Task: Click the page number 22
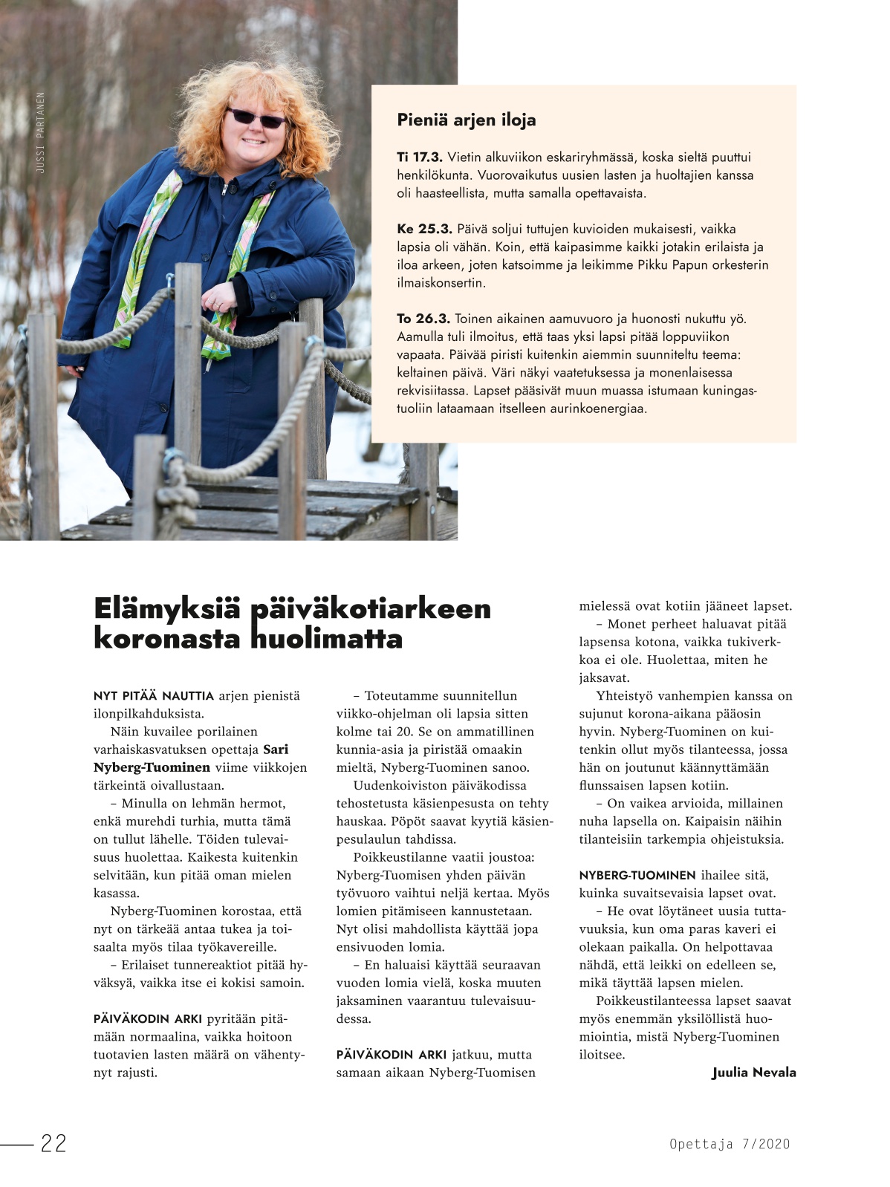pyautogui.click(x=53, y=1143)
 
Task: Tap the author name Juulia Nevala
pyautogui.click(x=753, y=1072)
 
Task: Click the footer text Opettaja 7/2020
pyautogui.click(x=729, y=1144)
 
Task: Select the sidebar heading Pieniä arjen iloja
pyautogui.click(x=466, y=120)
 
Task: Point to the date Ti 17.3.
pyautogui.click(x=420, y=157)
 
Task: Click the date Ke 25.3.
pyautogui.click(x=424, y=229)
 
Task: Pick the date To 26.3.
pyautogui.click(x=423, y=319)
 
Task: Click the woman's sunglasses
pyautogui.click(x=255, y=117)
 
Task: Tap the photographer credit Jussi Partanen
pyautogui.click(x=41, y=133)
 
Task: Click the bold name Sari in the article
pyautogui.click(x=276, y=749)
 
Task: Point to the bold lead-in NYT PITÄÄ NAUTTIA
pyautogui.click(x=154, y=696)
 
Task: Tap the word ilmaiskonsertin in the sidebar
pyautogui.click(x=441, y=283)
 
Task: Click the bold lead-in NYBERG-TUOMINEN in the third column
pyautogui.click(x=637, y=875)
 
